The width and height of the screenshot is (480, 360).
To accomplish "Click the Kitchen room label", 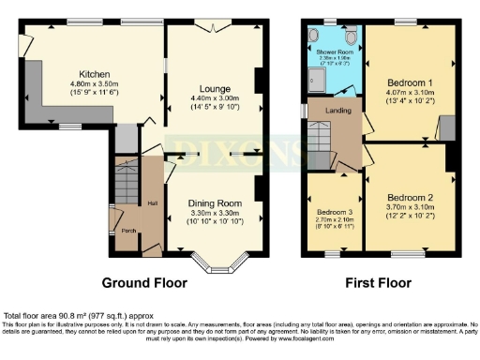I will (x=95, y=73).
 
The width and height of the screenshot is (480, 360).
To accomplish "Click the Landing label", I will (x=337, y=111).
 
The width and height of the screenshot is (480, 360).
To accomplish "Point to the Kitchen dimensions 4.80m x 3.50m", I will (x=95, y=83).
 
